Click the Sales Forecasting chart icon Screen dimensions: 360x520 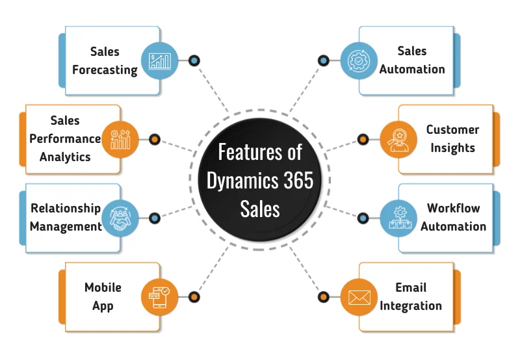(x=160, y=60)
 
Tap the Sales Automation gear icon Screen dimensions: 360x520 (x=359, y=60)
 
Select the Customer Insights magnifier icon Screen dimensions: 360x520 (x=398, y=139)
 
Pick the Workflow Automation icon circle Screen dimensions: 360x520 (x=398, y=218)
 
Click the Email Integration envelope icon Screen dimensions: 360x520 (x=359, y=297)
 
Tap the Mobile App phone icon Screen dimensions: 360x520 (x=160, y=297)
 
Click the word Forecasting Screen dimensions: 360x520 (x=105, y=70)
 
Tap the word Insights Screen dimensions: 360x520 (x=452, y=148)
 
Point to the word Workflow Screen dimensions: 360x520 (x=453, y=209)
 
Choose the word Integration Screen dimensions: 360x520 (x=411, y=305)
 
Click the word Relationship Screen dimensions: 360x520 (x=66, y=209)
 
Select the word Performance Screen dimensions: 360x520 (x=65, y=138)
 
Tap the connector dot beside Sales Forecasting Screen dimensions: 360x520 (x=194, y=60)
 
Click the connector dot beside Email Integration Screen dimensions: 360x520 (x=324, y=297)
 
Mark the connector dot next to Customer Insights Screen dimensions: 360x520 (x=363, y=139)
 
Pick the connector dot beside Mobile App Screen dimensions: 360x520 (x=194, y=297)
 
